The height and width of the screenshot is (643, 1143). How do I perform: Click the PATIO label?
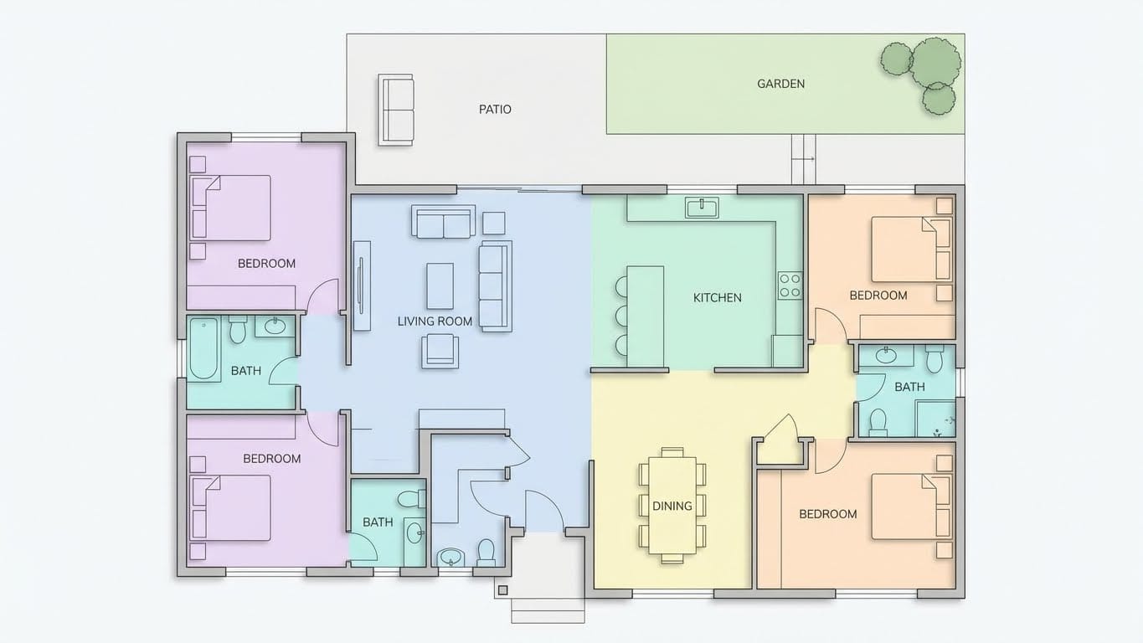coord(495,109)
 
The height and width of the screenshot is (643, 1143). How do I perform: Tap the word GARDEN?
coord(780,84)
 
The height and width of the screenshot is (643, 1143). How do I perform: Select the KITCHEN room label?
coord(717,297)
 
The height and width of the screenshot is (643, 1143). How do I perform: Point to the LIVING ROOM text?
coord(435,321)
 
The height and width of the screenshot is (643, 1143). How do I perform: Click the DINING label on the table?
coord(672,506)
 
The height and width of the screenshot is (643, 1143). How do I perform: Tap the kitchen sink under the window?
coord(701,207)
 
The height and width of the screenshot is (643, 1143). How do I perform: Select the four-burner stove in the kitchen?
coord(790,285)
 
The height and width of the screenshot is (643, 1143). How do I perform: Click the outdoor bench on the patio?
coord(396,110)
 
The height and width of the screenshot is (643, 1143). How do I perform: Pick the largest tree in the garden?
coord(935,62)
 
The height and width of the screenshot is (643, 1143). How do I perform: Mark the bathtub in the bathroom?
coord(203,349)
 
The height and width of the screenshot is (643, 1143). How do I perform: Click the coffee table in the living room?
coord(440,286)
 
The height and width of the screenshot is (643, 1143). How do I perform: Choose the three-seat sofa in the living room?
coord(495,285)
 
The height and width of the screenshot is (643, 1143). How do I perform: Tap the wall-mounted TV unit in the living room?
coord(362,285)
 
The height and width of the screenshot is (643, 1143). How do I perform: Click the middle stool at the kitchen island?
coord(620,316)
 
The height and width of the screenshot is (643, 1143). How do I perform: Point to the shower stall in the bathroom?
coord(934,418)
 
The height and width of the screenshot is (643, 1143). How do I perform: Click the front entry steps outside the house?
coord(548,610)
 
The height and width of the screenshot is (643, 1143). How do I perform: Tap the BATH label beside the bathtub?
coord(245,370)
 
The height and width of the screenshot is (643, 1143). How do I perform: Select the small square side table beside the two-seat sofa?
coord(494,223)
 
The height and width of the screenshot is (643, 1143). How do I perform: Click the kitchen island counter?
coord(646,316)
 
